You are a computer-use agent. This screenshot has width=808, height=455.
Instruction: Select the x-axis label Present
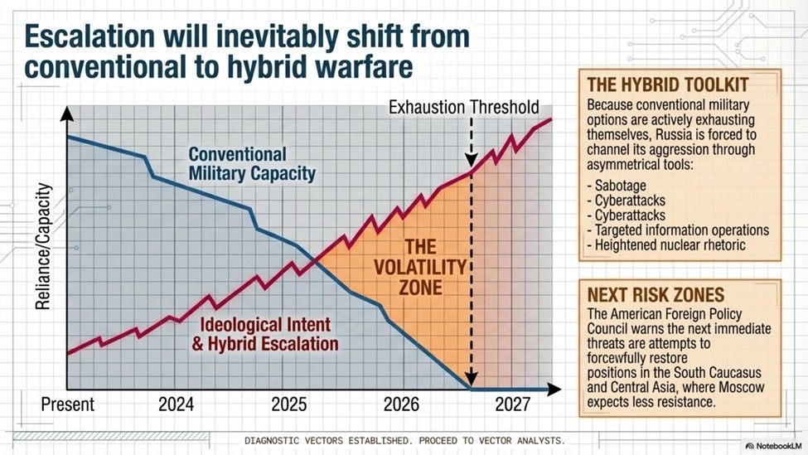[68, 405]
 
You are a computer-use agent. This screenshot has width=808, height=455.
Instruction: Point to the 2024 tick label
[177, 405]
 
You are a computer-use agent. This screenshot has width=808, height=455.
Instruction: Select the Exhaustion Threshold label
[465, 107]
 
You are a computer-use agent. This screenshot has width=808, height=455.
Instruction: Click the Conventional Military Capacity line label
[251, 164]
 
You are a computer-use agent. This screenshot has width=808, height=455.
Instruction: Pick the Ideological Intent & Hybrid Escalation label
[264, 334]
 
